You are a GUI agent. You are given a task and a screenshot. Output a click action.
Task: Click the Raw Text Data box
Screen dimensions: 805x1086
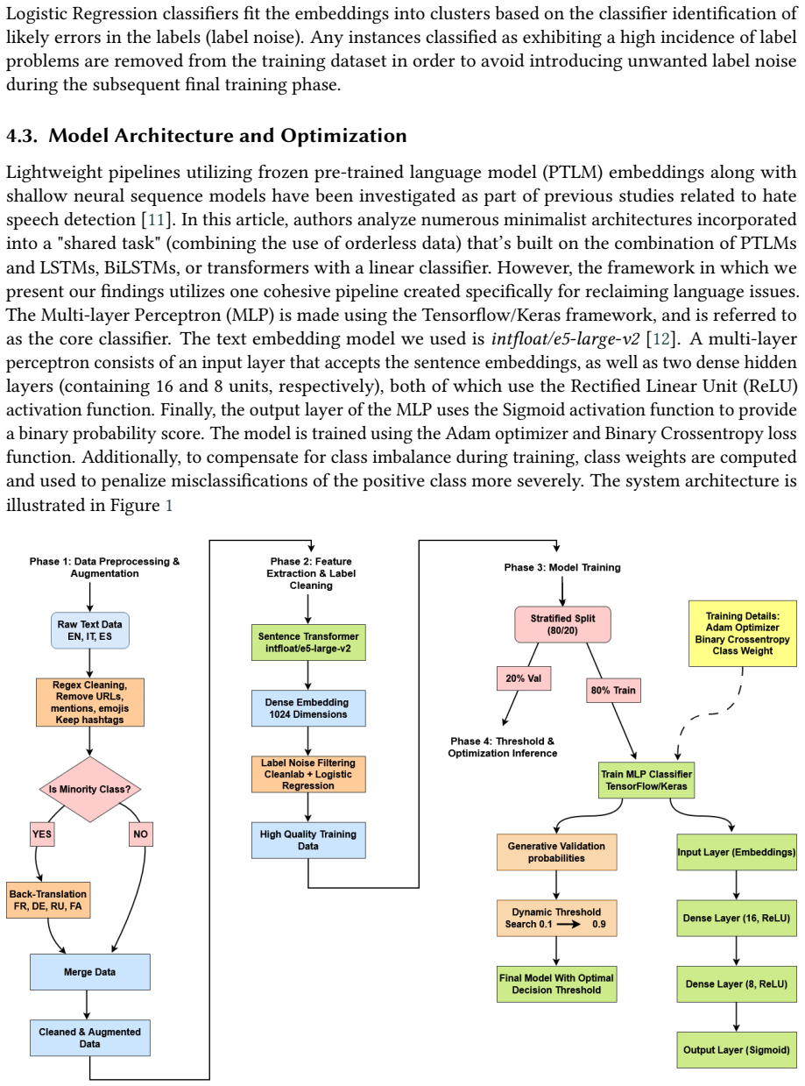(x=89, y=629)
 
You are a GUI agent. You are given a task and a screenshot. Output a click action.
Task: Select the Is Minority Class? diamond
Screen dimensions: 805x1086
(x=89, y=788)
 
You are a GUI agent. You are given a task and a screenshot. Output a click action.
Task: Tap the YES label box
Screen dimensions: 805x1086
(x=41, y=834)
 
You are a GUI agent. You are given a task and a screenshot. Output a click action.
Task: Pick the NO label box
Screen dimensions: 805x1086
(x=140, y=834)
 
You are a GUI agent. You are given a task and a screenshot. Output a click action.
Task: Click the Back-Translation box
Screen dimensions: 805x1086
(x=48, y=899)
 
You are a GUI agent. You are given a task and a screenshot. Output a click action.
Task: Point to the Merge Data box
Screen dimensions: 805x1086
(x=89, y=971)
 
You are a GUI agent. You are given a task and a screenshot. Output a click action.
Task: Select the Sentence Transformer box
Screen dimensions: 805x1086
(x=307, y=642)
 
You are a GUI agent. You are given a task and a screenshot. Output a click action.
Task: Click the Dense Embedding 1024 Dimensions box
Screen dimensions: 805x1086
(x=307, y=707)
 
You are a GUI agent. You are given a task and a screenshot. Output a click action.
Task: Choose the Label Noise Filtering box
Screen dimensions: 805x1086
(x=307, y=774)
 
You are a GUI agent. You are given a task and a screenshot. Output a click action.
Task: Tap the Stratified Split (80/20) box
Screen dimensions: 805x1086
(x=562, y=624)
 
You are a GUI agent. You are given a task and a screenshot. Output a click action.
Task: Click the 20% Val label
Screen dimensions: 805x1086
(x=523, y=678)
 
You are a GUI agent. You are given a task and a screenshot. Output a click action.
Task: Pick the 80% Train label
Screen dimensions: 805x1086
(x=612, y=690)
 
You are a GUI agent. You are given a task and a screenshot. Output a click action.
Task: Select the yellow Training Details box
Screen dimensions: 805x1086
(x=742, y=633)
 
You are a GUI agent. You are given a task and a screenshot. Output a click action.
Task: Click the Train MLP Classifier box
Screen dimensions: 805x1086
(x=646, y=779)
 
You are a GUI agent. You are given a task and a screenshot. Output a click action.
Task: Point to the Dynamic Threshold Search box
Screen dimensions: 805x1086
(x=556, y=918)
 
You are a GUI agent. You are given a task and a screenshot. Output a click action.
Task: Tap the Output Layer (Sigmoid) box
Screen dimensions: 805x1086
(x=736, y=1049)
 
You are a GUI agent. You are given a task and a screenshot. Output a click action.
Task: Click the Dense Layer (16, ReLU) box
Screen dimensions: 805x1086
(x=736, y=918)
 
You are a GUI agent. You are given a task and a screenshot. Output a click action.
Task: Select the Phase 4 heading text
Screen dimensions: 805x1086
(x=502, y=747)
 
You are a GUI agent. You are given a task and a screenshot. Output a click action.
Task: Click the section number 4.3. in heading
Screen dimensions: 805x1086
(x=22, y=136)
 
